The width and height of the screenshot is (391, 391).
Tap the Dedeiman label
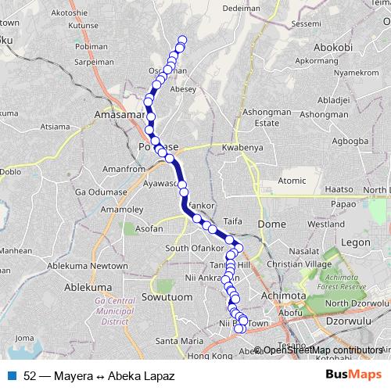click(241, 8)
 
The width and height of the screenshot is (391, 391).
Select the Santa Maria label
click(180, 340)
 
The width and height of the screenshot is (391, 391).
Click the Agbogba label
click(350, 142)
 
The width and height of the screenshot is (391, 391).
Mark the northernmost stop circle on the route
click(183, 40)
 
